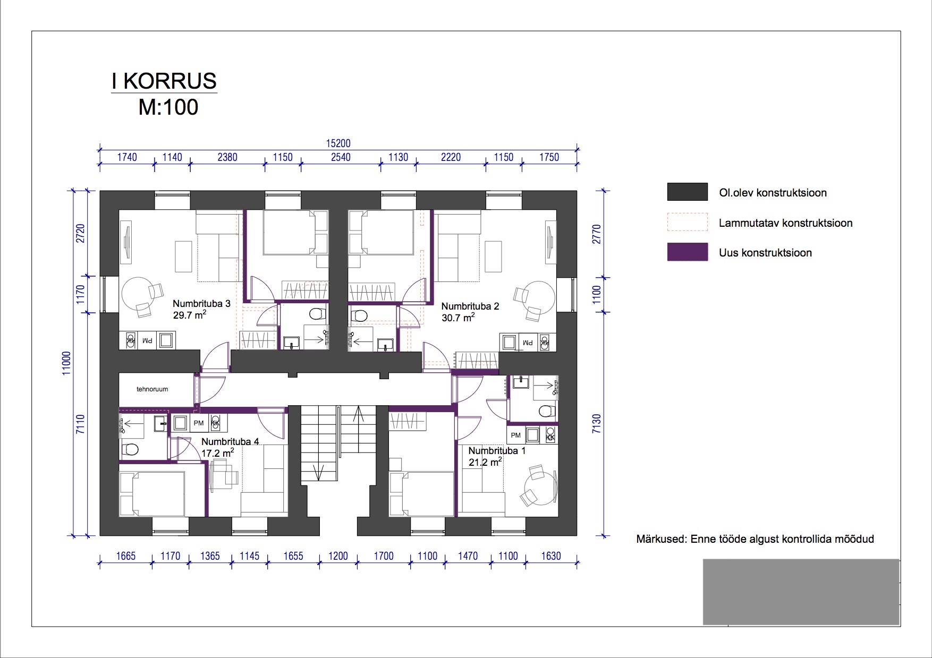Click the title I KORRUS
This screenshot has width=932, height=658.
164,81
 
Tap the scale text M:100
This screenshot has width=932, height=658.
168,107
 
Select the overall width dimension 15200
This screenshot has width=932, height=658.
338,143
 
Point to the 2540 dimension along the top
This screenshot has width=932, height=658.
341,157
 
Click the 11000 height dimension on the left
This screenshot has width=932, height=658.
66,363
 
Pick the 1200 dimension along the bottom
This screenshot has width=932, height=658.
338,556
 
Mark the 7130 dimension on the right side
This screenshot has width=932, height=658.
596,424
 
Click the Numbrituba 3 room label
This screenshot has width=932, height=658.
201,304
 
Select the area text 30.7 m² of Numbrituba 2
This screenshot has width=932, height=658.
458,318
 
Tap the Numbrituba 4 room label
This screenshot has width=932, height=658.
230,442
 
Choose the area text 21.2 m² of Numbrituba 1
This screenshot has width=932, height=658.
485,462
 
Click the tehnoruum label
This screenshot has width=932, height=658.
152,389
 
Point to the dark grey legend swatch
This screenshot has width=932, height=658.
688,192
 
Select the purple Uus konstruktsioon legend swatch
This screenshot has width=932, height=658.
688,252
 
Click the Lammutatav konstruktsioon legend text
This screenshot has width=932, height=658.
785,223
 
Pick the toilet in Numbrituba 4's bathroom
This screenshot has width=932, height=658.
130,450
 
